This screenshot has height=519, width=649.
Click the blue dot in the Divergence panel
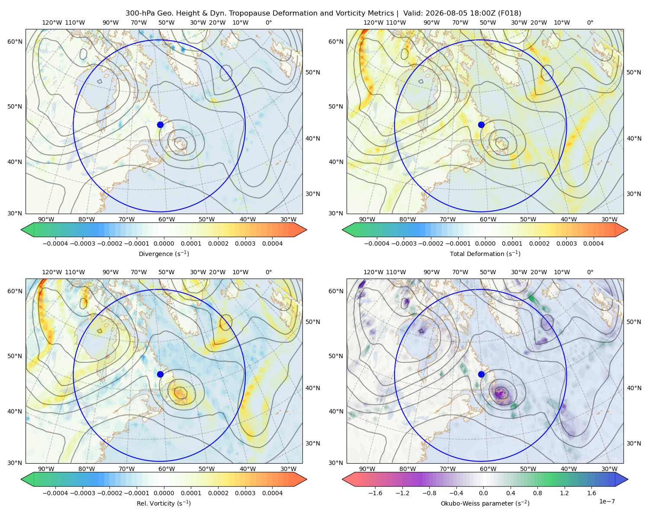pyautogui.click(x=160, y=125)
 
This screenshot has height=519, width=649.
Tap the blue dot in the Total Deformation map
pyautogui.click(x=481, y=125)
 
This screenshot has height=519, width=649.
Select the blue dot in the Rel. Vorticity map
pyautogui.click(x=160, y=374)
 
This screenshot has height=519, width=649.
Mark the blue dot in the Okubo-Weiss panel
pyautogui.click(x=481, y=374)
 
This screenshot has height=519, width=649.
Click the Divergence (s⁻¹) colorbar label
pyautogui.click(x=164, y=254)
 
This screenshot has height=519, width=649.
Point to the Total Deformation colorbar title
pyautogui.click(x=485, y=254)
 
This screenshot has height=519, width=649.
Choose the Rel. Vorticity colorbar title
pyautogui.click(x=164, y=503)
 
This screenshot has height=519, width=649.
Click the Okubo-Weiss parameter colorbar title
pyautogui.click(x=485, y=503)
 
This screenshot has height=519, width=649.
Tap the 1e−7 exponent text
pyautogui.click(x=607, y=501)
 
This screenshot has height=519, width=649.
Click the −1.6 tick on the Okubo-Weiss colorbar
pyautogui.click(x=375, y=493)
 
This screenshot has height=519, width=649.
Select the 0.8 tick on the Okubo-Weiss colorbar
pyautogui.click(x=537, y=493)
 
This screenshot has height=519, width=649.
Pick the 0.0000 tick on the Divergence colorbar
pyautogui.click(x=164, y=243)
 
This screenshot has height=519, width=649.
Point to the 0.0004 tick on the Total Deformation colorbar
pyautogui.click(x=593, y=243)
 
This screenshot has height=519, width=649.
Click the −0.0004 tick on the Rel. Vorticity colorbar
pyautogui.click(x=55, y=493)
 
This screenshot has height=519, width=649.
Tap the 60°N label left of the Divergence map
pyautogui.click(x=15, y=42)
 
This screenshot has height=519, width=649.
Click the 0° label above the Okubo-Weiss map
pyautogui.click(x=590, y=272)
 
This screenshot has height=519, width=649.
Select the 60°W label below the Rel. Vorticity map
pyautogui.click(x=167, y=469)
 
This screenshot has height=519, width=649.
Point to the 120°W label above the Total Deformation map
pyautogui.click(x=373, y=22)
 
